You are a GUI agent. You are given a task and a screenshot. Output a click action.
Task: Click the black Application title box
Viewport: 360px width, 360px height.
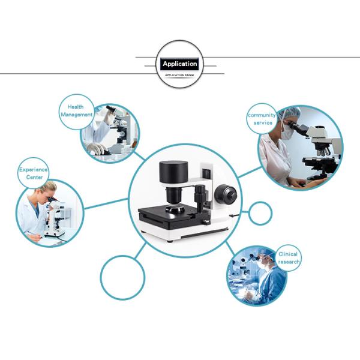click(x=179, y=64)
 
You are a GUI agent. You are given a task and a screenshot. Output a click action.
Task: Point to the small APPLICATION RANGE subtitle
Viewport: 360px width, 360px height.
click(x=179, y=75)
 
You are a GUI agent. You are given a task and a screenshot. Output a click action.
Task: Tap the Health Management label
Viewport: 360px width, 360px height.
click(x=76, y=110)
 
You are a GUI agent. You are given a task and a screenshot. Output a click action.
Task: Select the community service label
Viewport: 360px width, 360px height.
click(x=262, y=119)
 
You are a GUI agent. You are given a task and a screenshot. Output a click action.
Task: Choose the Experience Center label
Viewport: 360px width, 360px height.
click(x=34, y=173)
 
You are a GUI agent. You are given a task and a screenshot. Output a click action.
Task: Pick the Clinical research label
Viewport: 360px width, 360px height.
click(x=289, y=258)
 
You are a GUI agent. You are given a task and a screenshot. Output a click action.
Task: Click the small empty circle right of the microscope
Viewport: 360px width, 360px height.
click(x=260, y=213)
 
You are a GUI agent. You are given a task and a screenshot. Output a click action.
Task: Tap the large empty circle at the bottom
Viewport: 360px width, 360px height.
click(x=122, y=278)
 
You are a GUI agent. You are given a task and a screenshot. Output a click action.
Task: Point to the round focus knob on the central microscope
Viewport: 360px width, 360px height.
click(x=226, y=195)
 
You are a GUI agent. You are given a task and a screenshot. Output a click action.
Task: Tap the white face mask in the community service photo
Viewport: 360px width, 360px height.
click(x=287, y=133)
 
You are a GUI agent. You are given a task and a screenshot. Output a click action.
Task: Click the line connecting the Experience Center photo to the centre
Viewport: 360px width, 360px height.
click(x=106, y=203)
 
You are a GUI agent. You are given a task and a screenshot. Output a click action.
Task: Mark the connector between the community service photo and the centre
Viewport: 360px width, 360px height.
click(x=250, y=172)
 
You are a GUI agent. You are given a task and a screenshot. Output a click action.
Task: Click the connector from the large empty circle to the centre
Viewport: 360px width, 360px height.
click(x=140, y=250)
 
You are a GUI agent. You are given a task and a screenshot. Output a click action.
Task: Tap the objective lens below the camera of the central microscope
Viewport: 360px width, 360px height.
click(x=173, y=195)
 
